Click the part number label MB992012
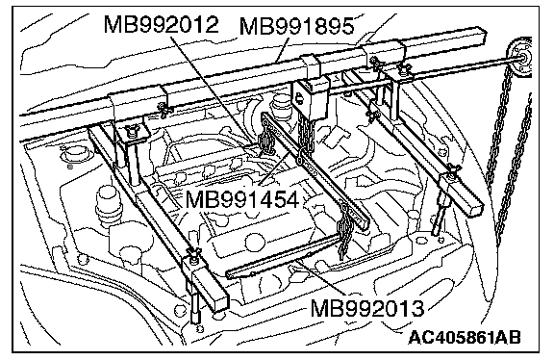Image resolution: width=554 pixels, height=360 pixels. [x=162, y=25]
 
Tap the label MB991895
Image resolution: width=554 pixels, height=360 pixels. [x=297, y=26]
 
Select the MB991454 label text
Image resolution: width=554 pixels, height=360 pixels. [x=242, y=200]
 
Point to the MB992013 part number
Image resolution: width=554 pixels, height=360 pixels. [x=367, y=308]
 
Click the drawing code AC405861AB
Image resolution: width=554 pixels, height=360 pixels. [x=465, y=337]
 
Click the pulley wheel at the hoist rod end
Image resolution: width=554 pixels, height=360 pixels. [x=520, y=59]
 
